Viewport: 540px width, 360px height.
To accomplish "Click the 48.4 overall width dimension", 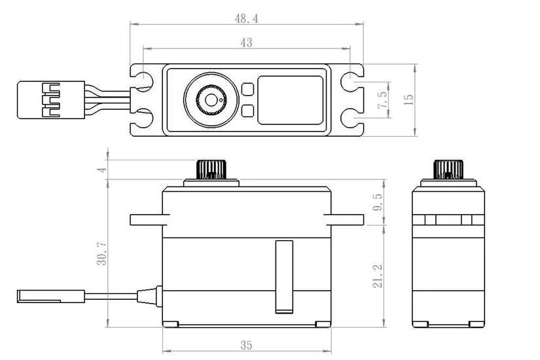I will tap(246, 19).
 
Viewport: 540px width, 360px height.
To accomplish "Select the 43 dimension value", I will tap(246, 43).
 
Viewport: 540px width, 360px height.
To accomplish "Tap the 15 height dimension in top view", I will tap(409, 99).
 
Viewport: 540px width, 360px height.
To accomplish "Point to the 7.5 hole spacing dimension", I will tap(382, 100).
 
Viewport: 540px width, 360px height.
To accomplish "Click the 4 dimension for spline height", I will tap(101, 169).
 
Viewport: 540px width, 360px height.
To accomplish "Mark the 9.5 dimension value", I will tap(376, 202).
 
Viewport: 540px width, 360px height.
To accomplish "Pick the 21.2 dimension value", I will tap(376, 274).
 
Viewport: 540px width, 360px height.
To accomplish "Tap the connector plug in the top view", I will tap(50, 99).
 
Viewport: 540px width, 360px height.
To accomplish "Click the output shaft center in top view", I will tap(209, 100).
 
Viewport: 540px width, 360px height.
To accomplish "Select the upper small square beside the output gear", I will tap(247, 89).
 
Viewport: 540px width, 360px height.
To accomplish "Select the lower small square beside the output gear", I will tap(247, 111).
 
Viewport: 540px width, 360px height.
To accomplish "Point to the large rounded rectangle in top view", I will tap(291, 100).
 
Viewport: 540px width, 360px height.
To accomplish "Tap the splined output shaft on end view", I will tap(448, 168).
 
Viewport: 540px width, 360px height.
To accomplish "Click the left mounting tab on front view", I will tap(146, 219).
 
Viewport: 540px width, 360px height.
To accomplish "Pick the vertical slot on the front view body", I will tap(283, 274).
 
